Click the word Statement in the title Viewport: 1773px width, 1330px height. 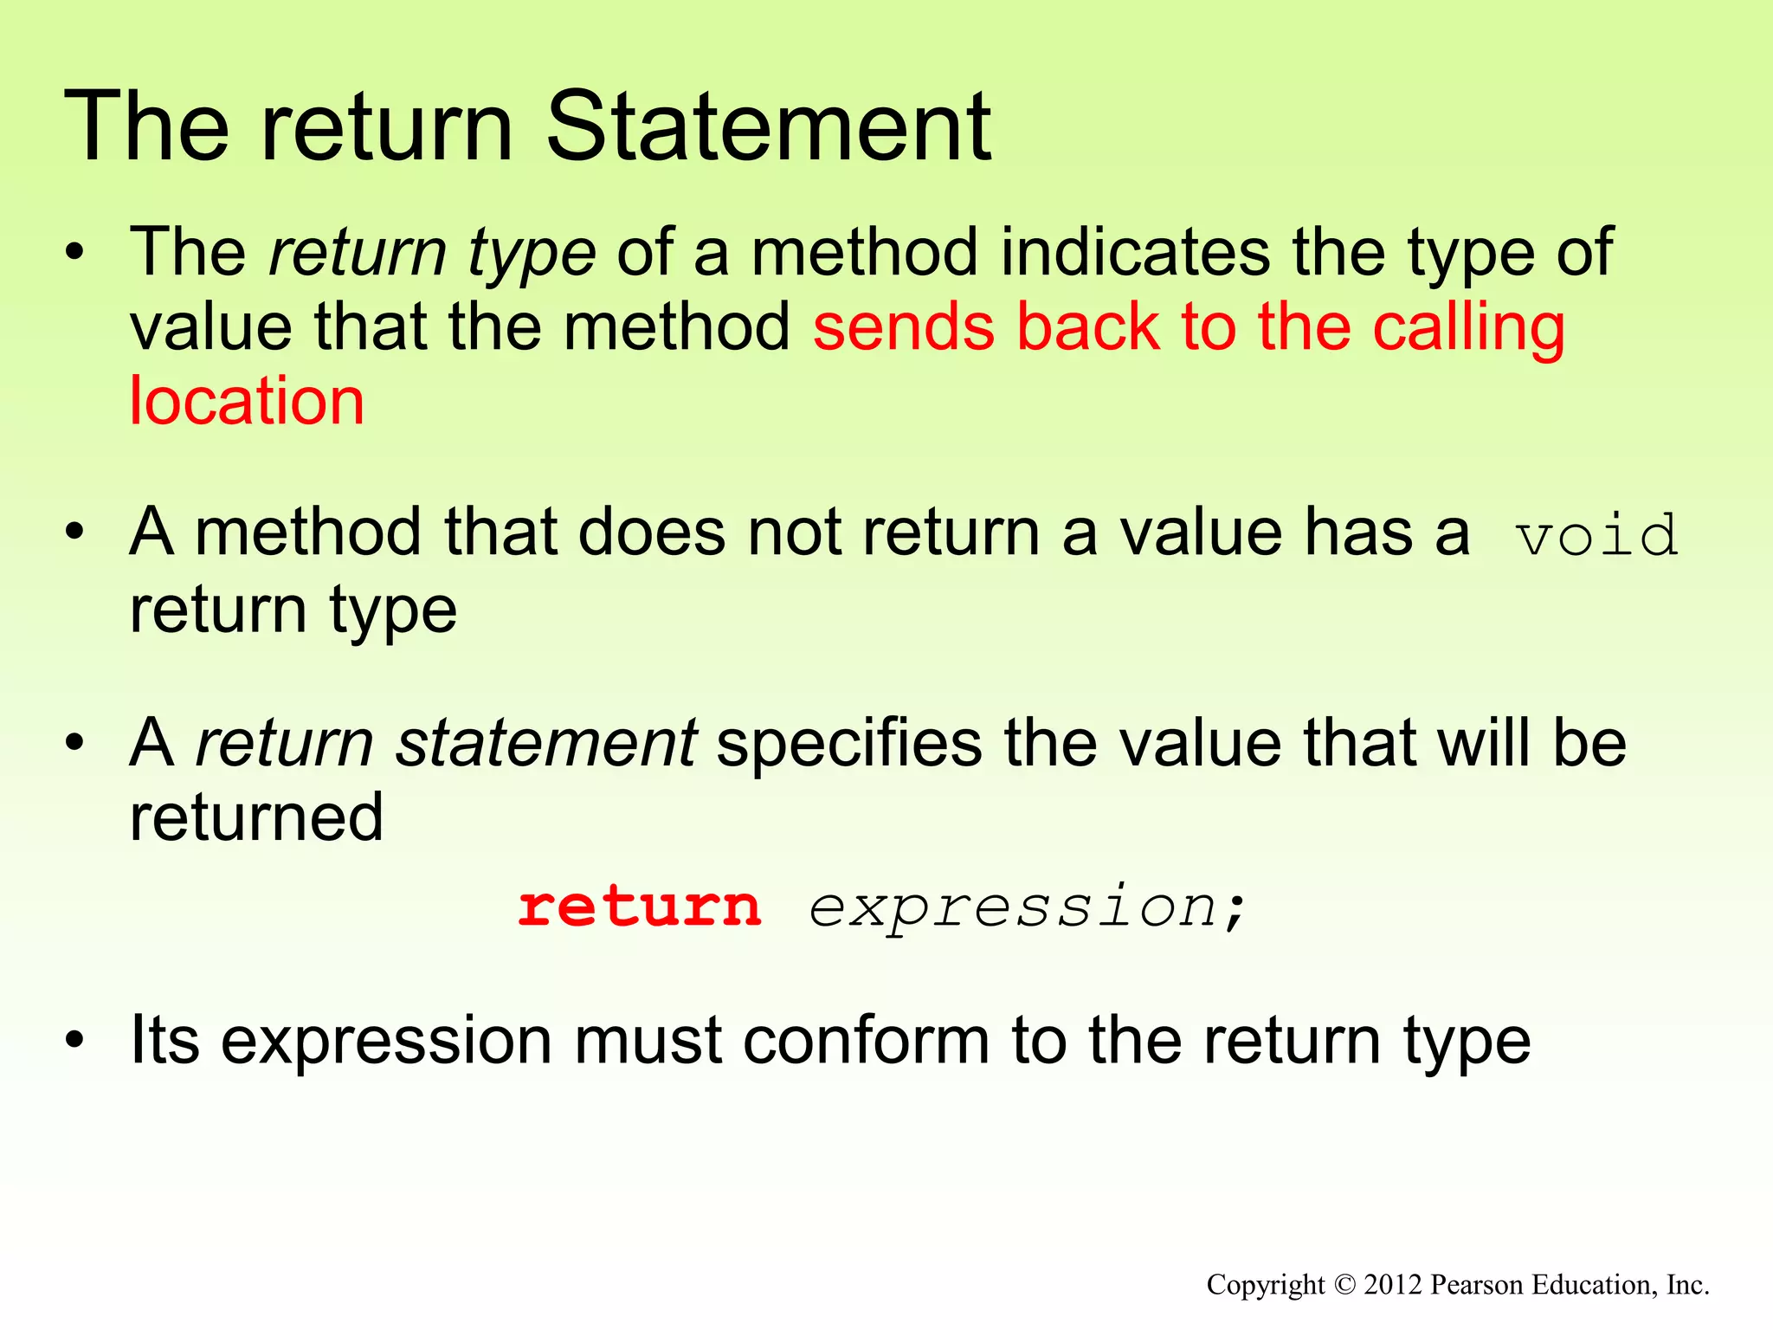click(769, 128)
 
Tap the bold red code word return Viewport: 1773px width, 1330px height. click(640, 907)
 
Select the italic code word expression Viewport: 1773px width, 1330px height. click(1014, 908)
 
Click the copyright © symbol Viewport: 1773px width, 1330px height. click(1344, 1284)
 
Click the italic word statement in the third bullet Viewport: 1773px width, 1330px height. click(545, 744)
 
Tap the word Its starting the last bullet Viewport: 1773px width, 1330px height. click(164, 1041)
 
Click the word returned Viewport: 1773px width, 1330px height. click(256, 818)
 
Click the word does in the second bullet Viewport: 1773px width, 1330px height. click(652, 533)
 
